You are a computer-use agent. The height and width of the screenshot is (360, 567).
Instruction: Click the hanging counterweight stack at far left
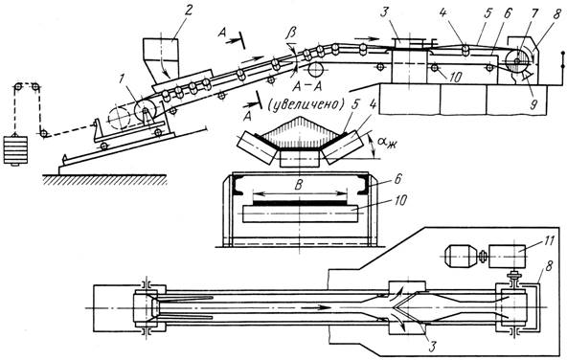[15, 150]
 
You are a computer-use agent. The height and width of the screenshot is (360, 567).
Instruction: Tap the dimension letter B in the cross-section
[298, 186]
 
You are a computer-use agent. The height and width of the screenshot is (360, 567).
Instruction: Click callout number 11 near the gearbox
[548, 240]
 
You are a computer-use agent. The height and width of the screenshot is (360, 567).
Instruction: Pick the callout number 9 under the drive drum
[533, 103]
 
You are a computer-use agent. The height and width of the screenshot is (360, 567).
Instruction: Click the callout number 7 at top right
[534, 13]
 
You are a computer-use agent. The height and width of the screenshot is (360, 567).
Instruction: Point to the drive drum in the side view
[517, 61]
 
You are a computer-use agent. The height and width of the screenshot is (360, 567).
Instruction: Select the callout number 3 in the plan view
[433, 346]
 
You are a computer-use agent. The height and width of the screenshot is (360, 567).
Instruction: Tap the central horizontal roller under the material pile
[300, 158]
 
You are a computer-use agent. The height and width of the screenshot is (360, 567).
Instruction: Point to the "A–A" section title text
[307, 85]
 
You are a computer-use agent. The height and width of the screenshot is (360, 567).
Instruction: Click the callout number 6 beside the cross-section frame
[397, 179]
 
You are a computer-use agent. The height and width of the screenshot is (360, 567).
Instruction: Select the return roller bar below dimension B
[301, 214]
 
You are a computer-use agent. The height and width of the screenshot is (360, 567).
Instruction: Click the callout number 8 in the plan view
[548, 268]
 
